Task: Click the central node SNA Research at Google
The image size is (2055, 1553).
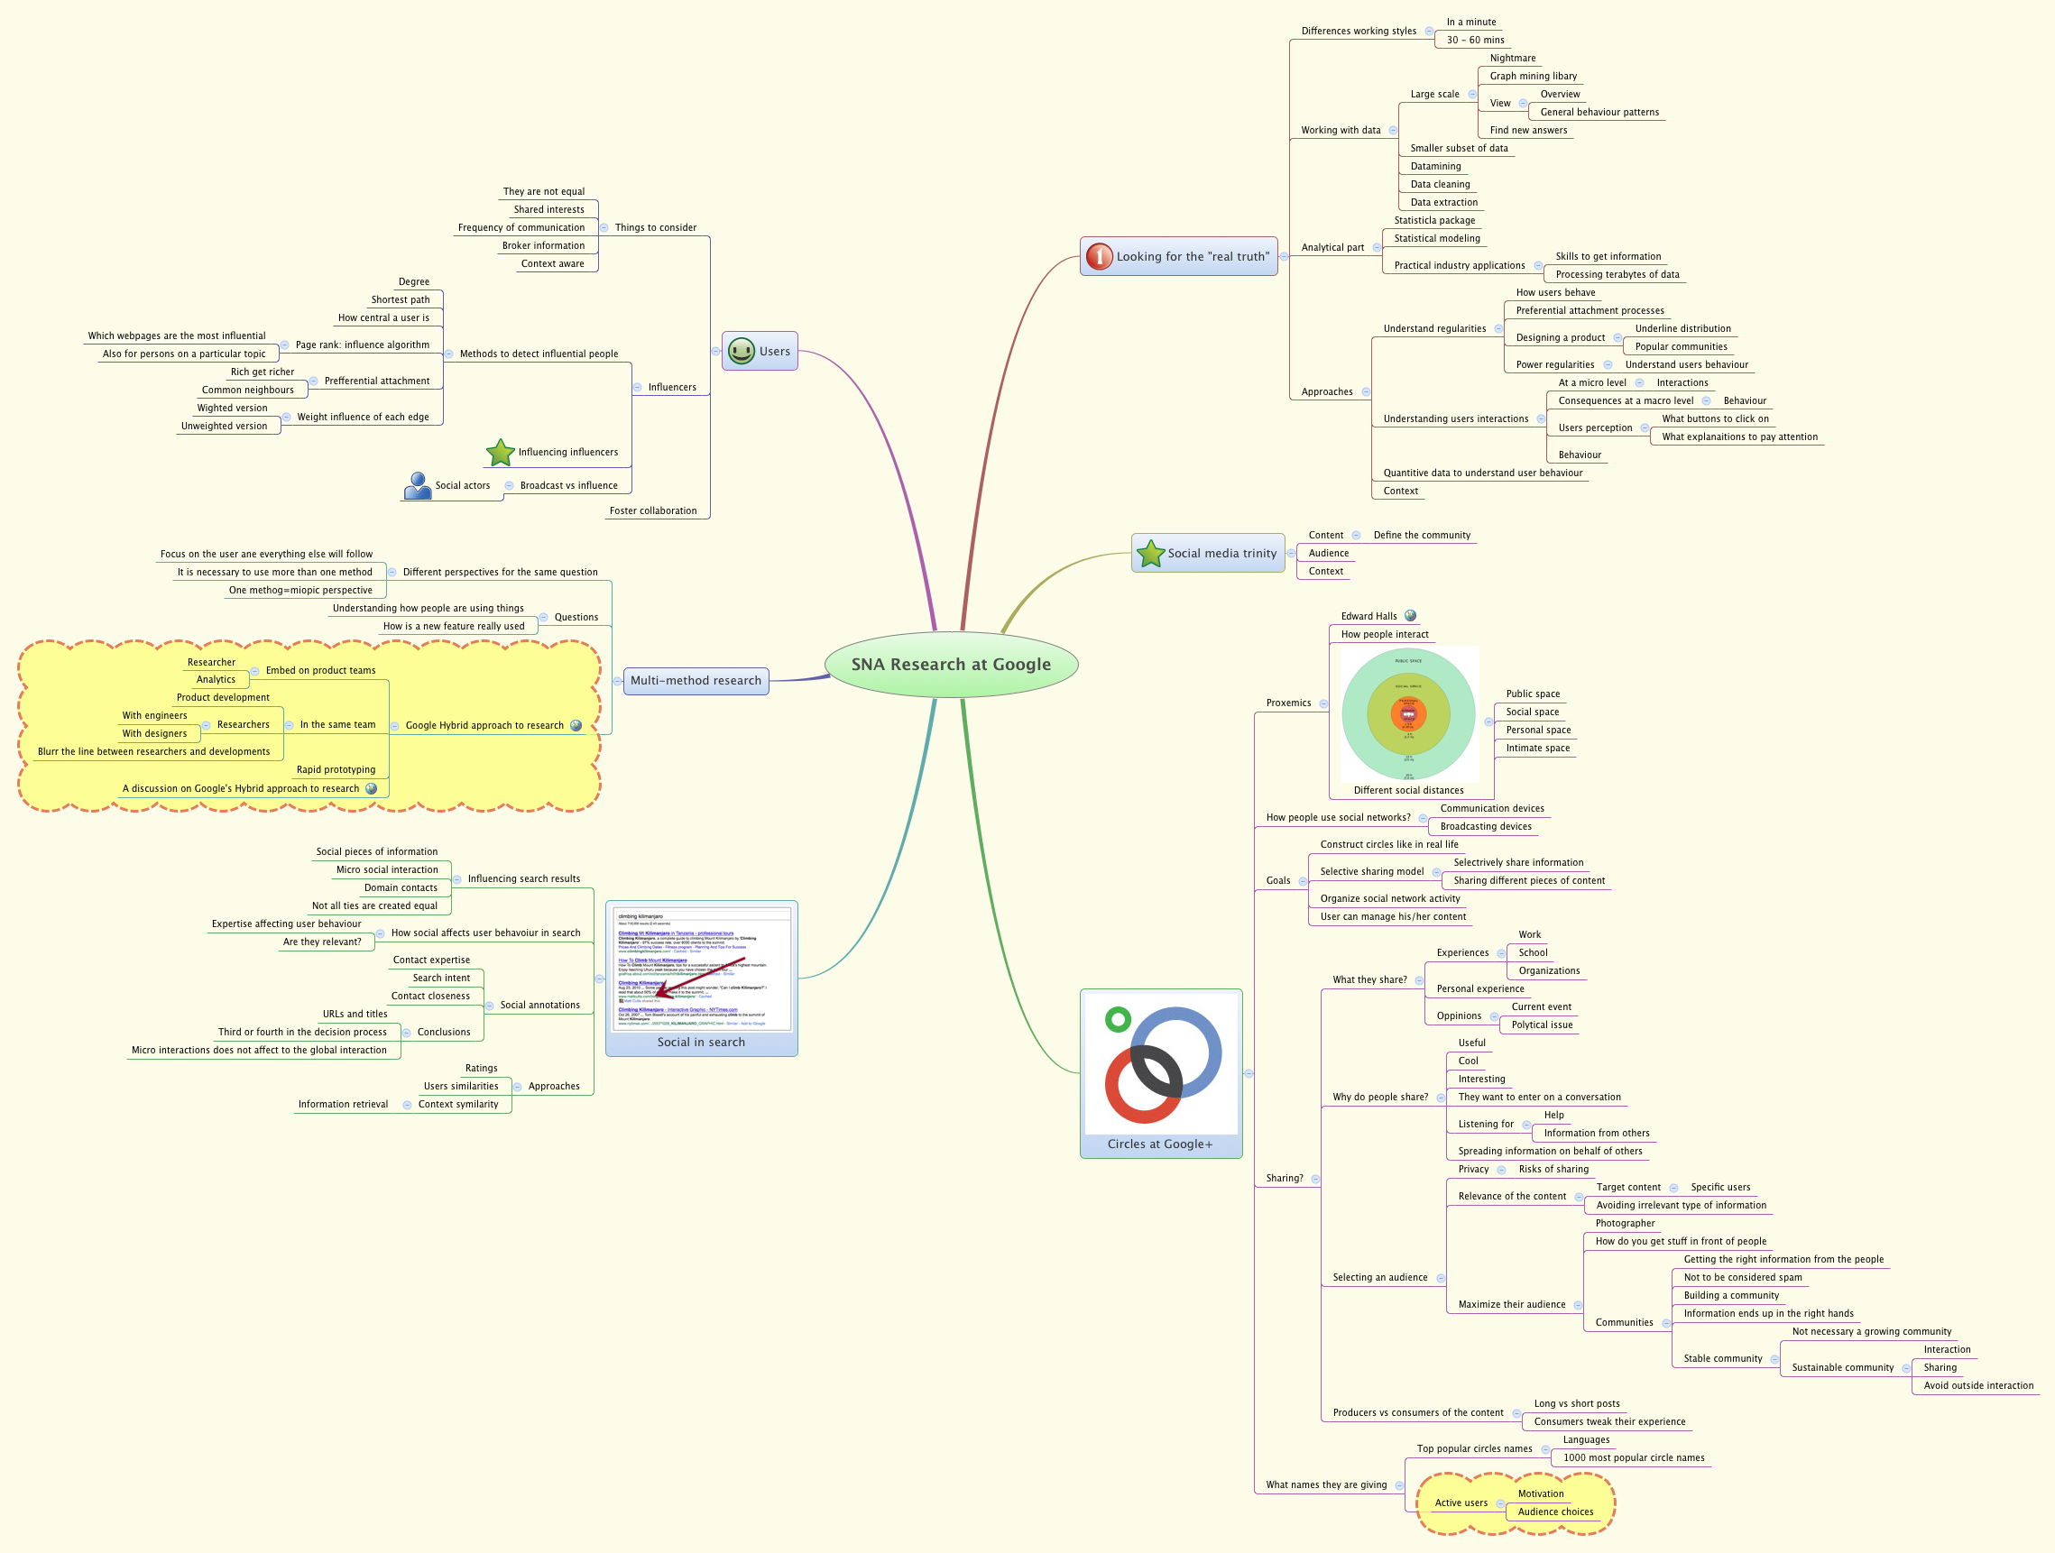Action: (x=951, y=664)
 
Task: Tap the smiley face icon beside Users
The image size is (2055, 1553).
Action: (x=741, y=351)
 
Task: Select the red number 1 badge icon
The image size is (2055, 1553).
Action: (x=1099, y=256)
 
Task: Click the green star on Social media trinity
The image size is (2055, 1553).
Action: (x=1150, y=554)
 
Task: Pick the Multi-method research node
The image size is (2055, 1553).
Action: (x=695, y=681)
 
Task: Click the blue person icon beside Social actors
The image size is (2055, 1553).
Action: (x=417, y=485)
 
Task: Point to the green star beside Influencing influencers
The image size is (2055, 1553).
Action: (x=500, y=453)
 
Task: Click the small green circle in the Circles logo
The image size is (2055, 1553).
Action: (x=1118, y=1020)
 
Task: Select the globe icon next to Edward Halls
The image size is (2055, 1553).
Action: (x=1410, y=616)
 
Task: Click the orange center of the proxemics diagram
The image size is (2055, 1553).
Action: (x=1407, y=714)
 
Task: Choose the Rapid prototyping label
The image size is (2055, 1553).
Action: (x=336, y=770)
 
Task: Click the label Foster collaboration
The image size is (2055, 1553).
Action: (x=652, y=510)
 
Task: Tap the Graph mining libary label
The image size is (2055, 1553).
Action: (x=1533, y=76)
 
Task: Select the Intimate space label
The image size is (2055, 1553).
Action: (x=1537, y=749)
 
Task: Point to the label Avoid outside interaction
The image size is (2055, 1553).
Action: (x=1978, y=1386)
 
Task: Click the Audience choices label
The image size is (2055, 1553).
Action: (x=1555, y=1512)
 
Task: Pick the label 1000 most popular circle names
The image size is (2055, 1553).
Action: (x=1633, y=1458)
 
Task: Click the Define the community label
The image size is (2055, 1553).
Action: (x=1422, y=536)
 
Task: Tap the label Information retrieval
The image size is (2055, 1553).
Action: (x=343, y=1105)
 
